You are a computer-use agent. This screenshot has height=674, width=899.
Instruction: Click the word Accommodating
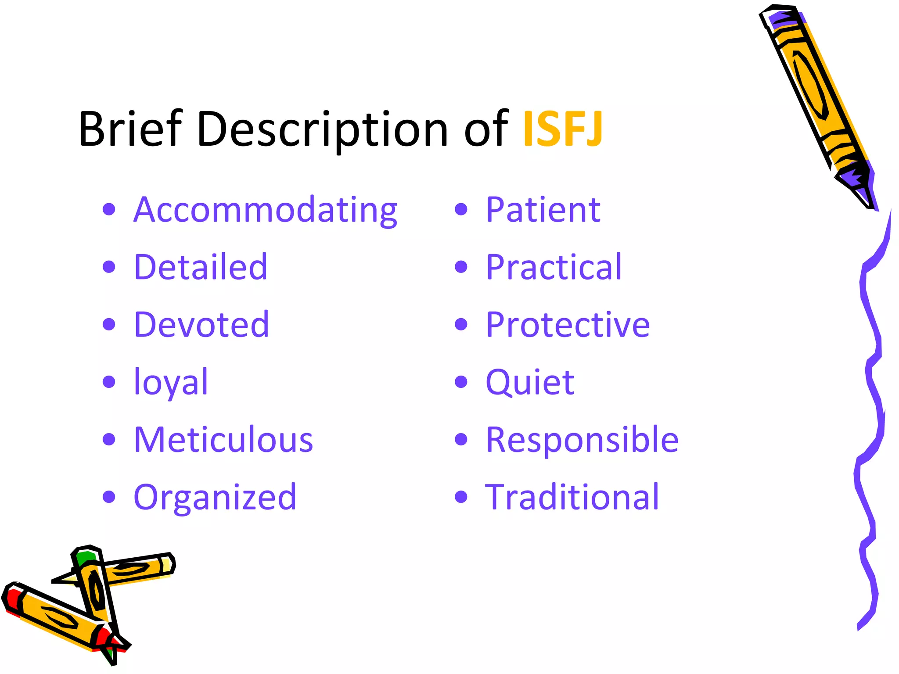(265, 210)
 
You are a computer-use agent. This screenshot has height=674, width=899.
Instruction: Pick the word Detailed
(201, 267)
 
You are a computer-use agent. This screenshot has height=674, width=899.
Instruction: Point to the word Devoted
(201, 324)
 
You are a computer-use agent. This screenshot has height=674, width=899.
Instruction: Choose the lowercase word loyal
(171, 382)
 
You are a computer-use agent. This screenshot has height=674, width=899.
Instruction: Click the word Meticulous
(223, 439)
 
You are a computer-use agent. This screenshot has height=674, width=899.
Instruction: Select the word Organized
(215, 497)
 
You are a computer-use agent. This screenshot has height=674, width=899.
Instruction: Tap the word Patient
(543, 210)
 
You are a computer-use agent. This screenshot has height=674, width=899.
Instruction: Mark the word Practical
(554, 267)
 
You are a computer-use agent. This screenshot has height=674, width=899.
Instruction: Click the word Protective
(568, 324)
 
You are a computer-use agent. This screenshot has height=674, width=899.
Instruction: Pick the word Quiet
(530, 382)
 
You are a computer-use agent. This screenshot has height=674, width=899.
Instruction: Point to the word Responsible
(582, 439)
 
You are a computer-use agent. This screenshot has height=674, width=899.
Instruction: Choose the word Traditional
(572, 497)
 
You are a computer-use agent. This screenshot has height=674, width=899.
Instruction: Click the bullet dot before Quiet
(460, 382)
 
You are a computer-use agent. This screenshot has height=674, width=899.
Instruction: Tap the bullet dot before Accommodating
(108, 209)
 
